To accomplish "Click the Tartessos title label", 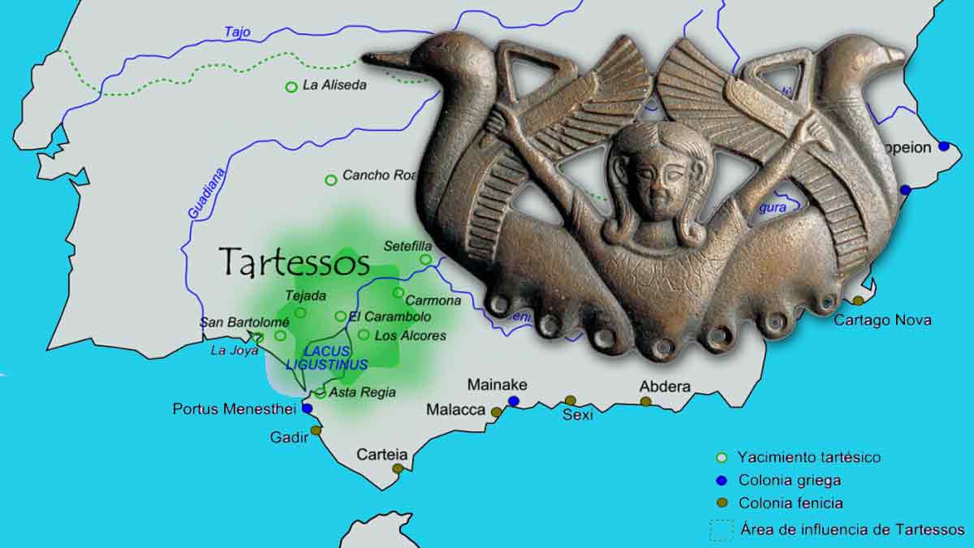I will [x=295, y=262].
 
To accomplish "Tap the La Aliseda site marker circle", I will [x=291, y=87].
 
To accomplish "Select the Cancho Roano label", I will [x=378, y=175].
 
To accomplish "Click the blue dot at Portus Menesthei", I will [x=308, y=408].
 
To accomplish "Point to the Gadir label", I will [x=289, y=438].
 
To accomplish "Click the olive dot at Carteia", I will [x=398, y=468].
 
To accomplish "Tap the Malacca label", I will [x=455, y=410].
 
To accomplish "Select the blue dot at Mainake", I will [x=514, y=401].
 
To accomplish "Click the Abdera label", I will [x=665, y=386].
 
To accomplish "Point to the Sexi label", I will [x=578, y=416].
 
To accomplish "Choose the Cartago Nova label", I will [x=882, y=320].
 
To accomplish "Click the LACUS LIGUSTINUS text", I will [x=327, y=358].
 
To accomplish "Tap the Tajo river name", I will [x=237, y=32].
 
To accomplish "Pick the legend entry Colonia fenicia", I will [x=790, y=503].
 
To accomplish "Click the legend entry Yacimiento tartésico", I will [x=808, y=457].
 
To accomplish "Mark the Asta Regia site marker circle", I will [x=321, y=393].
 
